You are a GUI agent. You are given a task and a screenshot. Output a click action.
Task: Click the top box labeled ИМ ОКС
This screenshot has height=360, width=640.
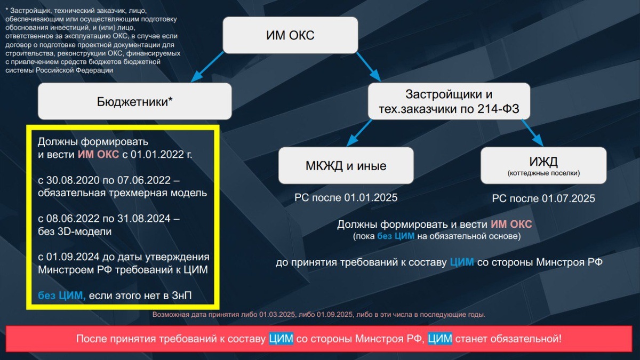point(290,36)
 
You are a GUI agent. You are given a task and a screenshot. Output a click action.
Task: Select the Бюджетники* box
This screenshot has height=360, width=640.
point(135,101)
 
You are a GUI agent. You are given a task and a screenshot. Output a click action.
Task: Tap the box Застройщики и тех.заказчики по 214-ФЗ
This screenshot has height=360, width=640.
point(449,102)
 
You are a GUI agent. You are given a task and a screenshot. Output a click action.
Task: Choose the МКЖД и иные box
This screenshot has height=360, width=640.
point(346,166)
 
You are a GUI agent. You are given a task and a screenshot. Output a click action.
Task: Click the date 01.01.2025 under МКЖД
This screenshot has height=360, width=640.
point(371,198)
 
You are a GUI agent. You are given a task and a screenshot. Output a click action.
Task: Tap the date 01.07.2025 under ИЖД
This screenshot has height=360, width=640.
point(568,199)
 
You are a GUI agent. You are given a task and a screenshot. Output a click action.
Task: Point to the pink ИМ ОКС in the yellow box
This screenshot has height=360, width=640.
point(98,155)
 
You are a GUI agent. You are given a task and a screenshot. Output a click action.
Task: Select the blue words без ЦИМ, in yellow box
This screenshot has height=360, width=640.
point(62,296)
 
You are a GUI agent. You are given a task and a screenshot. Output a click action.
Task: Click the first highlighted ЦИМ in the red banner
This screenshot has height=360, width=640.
point(280,339)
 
